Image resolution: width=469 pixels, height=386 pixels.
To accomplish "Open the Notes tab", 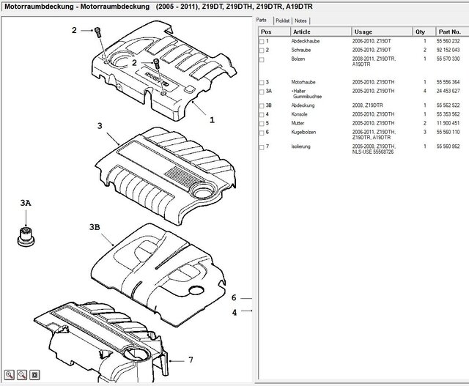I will pyautogui.click(x=301, y=22).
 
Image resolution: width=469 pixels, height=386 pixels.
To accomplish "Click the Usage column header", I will pyautogui.click(x=363, y=32).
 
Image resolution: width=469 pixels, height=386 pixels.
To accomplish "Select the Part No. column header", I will pyautogui.click(x=448, y=32).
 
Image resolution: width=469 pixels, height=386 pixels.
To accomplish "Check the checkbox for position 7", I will pyautogui.click(x=262, y=146).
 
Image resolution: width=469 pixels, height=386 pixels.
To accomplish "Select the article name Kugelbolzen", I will pyautogui.click(x=303, y=132).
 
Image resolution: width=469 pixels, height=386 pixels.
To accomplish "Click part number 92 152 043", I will pyautogui.click(x=448, y=50).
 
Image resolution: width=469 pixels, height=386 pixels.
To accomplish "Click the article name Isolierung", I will pyautogui.click(x=301, y=146).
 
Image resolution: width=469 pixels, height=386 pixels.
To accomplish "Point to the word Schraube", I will pyautogui.click(x=301, y=50).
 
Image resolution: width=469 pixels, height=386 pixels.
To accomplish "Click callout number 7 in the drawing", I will pyautogui.click(x=191, y=360).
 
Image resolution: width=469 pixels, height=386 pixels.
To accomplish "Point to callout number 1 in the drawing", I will pyautogui.click(x=212, y=119).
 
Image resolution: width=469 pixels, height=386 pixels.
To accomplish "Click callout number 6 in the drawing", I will pyautogui.click(x=234, y=298).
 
